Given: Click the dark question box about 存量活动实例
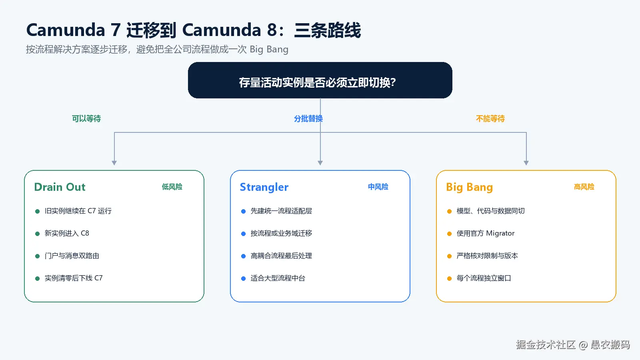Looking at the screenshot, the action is (320, 80).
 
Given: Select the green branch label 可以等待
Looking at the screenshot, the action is (86, 118).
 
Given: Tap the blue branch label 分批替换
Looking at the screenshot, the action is (308, 118).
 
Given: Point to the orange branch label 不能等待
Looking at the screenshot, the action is (490, 118).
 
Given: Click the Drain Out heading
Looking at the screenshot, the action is (60, 187).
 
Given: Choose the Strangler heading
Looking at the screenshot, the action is (264, 187).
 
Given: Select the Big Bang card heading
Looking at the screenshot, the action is (470, 188).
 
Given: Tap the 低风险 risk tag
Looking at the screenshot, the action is (172, 187).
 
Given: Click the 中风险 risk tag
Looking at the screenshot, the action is (378, 187).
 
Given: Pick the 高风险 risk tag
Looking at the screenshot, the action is (584, 187).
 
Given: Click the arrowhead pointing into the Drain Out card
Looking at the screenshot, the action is (114, 163).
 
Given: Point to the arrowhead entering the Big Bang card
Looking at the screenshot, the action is (526, 163).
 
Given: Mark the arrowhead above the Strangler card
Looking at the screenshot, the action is (320, 163).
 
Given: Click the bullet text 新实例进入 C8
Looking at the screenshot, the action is (67, 234).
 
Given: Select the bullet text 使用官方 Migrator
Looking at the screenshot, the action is (486, 234).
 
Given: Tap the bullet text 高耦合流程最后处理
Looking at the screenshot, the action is (281, 256).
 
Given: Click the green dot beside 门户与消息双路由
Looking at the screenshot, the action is (37, 256).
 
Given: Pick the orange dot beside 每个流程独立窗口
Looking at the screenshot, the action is (449, 278).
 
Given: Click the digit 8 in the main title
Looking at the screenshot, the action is (272, 30).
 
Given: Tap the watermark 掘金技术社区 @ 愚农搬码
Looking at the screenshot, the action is (573, 345).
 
